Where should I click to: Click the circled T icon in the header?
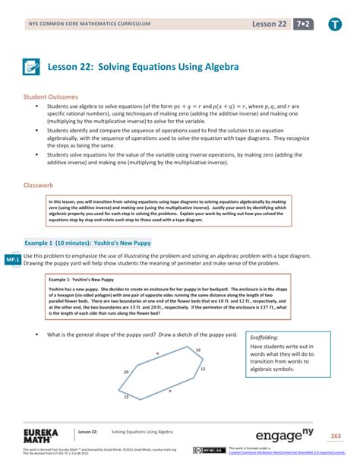tap(335, 25)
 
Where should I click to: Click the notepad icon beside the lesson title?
tap(32, 68)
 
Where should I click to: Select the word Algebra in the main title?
tap(221, 68)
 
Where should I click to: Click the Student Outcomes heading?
tap(55, 97)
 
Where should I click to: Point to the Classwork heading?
tap(39, 185)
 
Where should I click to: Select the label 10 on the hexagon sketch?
tap(198, 350)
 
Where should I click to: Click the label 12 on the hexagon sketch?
tap(203, 368)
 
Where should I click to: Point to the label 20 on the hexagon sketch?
tap(126, 372)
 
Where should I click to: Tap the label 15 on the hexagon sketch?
tap(126, 398)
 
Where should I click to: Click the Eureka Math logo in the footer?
tap(36, 436)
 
